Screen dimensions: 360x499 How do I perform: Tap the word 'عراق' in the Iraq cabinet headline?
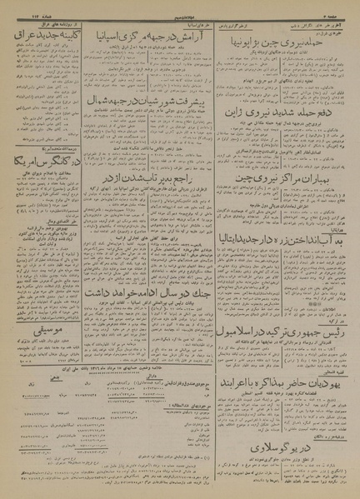point(25,37)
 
